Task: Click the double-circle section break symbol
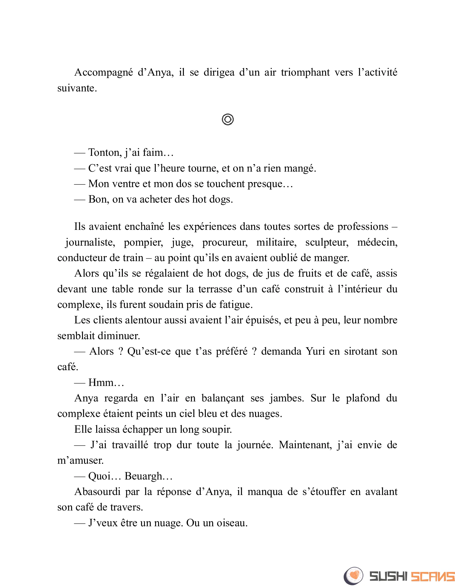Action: coord(228,119)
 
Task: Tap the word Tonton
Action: coord(105,153)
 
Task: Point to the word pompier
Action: coord(143,242)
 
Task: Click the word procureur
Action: coord(225,242)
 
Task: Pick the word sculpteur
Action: coord(327,242)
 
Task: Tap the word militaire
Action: coord(276,242)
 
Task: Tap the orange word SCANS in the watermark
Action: coord(433,576)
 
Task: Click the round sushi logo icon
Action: coord(353,576)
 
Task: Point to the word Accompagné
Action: coord(104,72)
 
